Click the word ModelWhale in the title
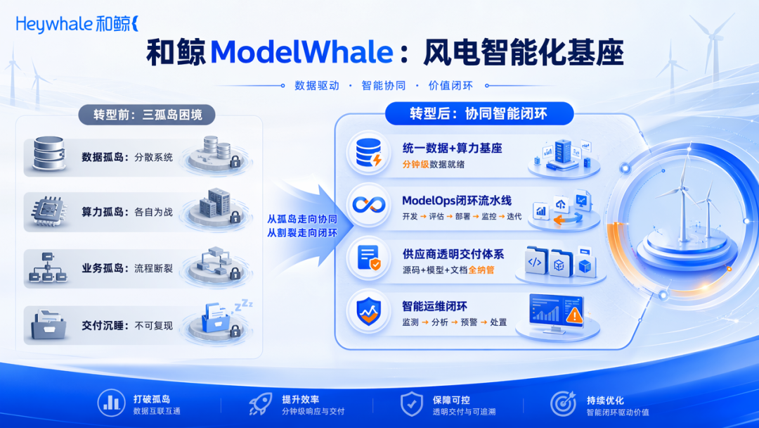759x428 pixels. [301, 52]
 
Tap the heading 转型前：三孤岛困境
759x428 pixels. [148, 115]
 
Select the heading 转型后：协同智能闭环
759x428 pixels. [479, 114]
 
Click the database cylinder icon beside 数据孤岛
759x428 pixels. [49, 153]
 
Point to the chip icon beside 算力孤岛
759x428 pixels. [48, 211]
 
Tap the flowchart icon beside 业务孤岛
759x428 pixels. [48, 267]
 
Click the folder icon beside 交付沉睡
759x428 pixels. [48, 325]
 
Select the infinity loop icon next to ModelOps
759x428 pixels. [368, 205]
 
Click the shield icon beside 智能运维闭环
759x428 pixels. [368, 311]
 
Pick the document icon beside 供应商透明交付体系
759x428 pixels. [368, 258]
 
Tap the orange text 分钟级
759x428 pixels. [416, 164]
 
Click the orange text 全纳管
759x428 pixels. [481, 270]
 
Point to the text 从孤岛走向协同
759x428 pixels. [302, 219]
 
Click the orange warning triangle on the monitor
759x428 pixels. [574, 315]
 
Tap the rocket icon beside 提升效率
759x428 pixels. [261, 404]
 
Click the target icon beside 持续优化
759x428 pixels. [563, 403]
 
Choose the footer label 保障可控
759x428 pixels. [451, 400]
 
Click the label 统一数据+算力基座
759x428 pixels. [452, 149]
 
